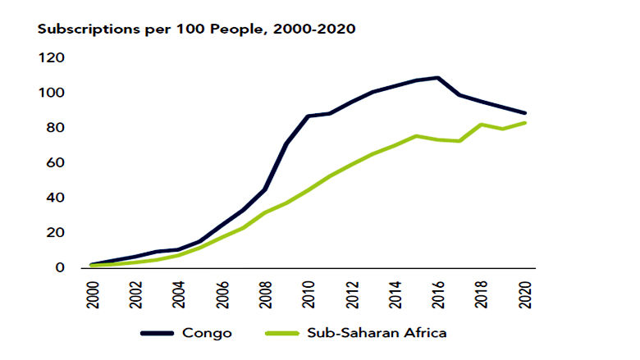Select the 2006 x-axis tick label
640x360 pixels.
(x=221, y=292)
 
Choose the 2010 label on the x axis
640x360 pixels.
(x=308, y=292)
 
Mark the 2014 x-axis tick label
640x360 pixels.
(x=395, y=292)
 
